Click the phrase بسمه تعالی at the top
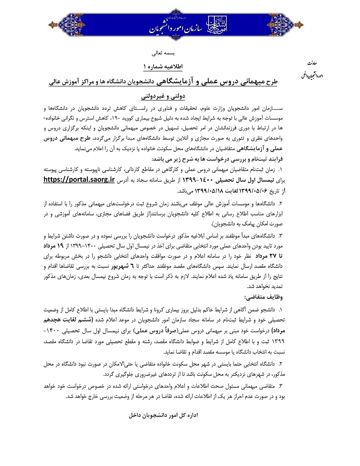[x=162, y=53]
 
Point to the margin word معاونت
[x=312, y=64]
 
